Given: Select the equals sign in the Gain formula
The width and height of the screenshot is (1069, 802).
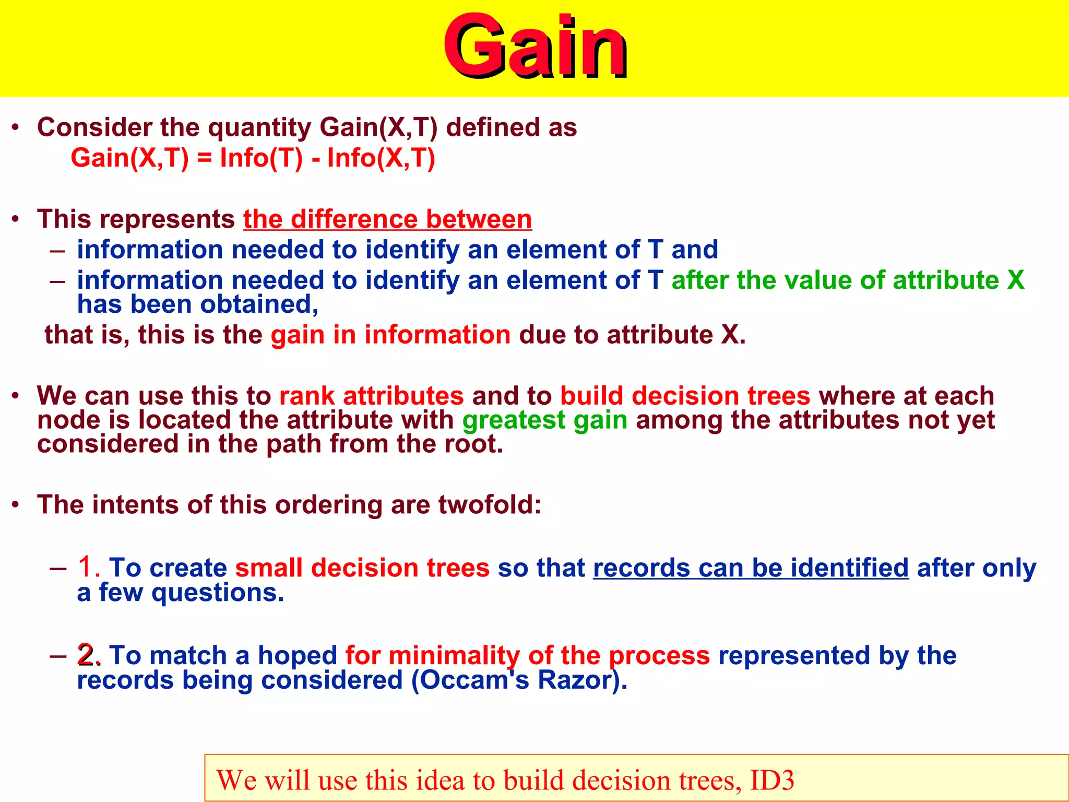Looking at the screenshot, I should click(204, 158).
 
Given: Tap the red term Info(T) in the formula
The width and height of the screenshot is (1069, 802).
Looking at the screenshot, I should click(261, 158).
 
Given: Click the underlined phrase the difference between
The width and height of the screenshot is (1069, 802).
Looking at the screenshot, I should click(387, 219).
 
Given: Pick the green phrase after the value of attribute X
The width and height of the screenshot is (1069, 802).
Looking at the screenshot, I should click(848, 280).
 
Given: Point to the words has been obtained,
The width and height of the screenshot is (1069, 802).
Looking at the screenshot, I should click(197, 304).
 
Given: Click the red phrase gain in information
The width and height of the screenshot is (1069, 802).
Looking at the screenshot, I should click(390, 335).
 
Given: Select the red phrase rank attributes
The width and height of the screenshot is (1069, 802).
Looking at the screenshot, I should click(371, 396).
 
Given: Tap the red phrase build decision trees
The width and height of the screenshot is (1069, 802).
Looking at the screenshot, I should click(685, 396).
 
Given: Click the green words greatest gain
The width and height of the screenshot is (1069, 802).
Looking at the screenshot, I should click(544, 420).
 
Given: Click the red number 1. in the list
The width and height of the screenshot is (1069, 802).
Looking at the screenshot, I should click(89, 567).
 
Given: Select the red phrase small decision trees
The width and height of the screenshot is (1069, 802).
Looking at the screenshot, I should click(362, 568).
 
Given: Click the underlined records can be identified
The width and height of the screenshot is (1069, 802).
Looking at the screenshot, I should click(751, 568).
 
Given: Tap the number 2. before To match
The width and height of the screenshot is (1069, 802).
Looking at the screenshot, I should click(89, 655).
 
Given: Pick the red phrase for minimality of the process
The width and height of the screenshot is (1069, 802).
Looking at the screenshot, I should click(527, 656).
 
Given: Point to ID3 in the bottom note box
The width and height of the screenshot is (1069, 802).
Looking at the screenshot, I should click(771, 781).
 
